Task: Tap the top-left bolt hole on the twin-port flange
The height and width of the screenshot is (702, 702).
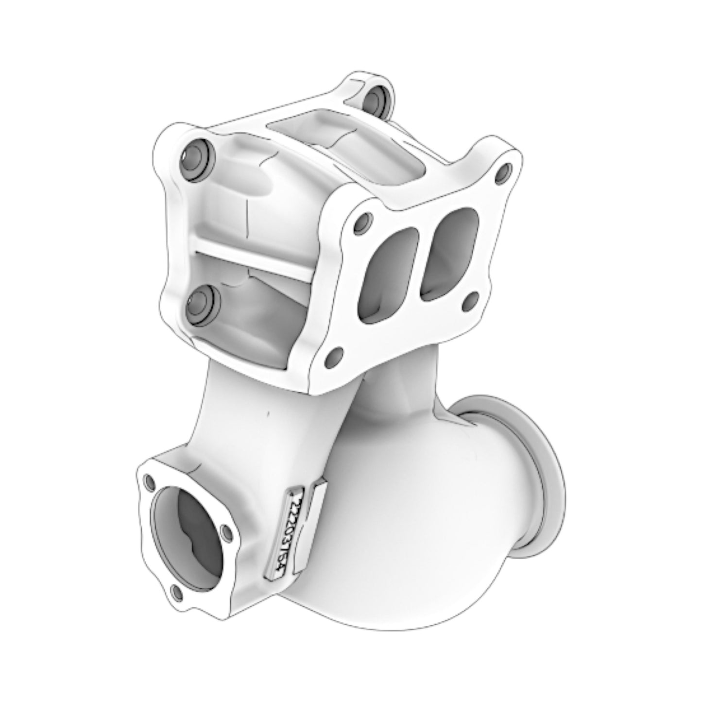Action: pos(361,223)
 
